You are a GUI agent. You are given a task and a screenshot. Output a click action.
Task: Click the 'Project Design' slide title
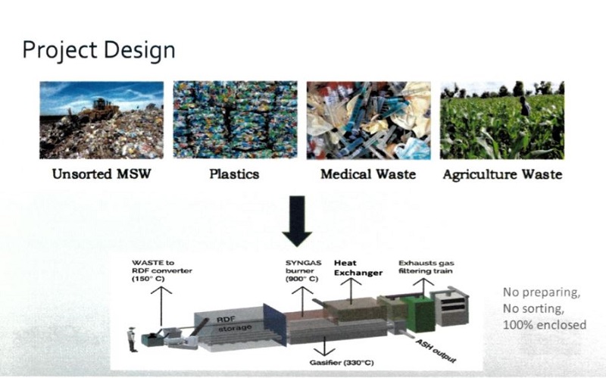point(98,51)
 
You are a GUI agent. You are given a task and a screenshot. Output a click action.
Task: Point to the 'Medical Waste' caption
point(367,174)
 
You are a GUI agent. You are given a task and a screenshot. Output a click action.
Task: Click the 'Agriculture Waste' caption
point(502,174)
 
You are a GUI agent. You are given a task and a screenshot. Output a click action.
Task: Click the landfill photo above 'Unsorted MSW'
point(102,120)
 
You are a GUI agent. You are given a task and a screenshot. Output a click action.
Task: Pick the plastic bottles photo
point(234,120)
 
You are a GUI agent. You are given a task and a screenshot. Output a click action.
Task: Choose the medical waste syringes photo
point(367,120)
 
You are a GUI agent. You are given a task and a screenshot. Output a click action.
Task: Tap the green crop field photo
point(502,120)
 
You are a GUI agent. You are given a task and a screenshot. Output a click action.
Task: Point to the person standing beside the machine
point(132,339)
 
